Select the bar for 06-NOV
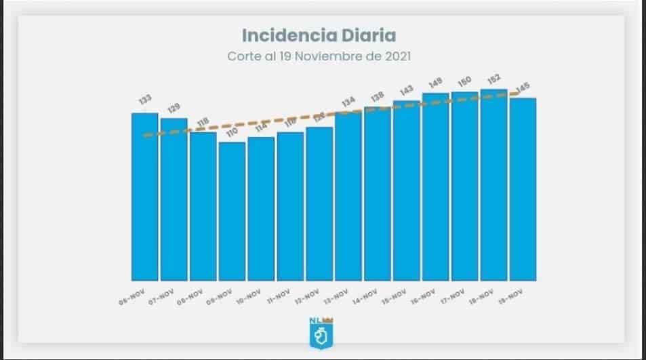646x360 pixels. tap(144, 197)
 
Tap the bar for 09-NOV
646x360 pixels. tap(232, 211)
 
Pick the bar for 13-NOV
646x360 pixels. tap(348, 196)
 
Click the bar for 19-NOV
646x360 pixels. tap(523, 189)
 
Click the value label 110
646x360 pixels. tap(231, 131)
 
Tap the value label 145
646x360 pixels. tap(523, 87)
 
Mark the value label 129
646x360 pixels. tap(174, 107)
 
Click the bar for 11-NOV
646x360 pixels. tap(290, 206)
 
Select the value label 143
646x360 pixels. tap(407, 90)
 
